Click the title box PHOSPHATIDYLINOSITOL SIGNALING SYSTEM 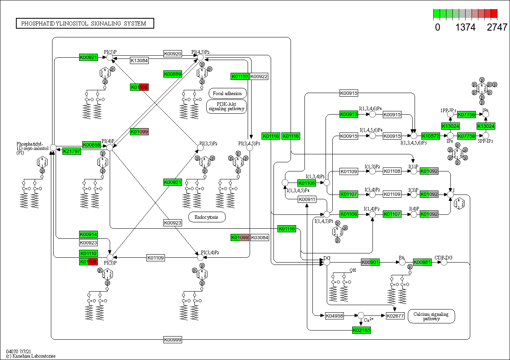click(85, 23)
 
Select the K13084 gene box click(140, 60)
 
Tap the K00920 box click(173, 53)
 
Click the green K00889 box click(173, 74)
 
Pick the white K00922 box click(259, 76)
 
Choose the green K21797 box click(72, 151)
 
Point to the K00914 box click(88, 234)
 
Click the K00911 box click(307, 199)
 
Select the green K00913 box click(349, 114)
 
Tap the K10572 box click(430, 136)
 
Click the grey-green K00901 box click(370, 262)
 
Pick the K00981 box click(422, 262)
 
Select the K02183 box click(361, 330)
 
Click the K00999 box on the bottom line click(173, 339)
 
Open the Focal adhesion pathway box click(227, 93)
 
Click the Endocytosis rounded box click(207, 217)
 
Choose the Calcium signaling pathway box click(431, 316)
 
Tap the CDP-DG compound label click(443, 257)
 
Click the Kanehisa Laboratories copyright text click(31, 356)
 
